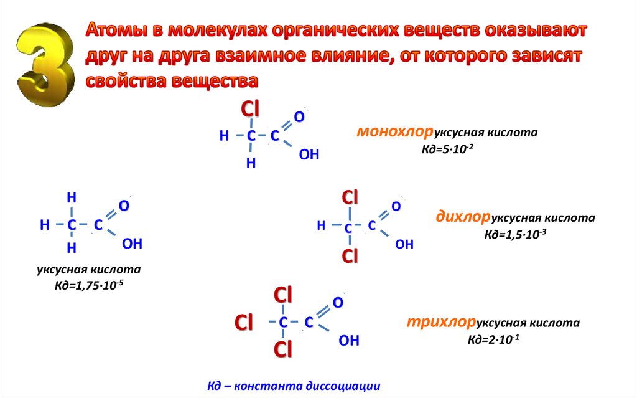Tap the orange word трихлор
click(x=441, y=323)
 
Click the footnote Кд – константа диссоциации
click(x=294, y=386)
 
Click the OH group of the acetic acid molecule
click(x=133, y=244)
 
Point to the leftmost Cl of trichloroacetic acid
click(x=243, y=323)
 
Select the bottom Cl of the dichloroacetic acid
click(x=350, y=256)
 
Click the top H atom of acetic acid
click(x=72, y=198)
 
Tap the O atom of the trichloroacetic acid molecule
click(x=338, y=303)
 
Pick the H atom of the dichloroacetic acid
click(x=321, y=226)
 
